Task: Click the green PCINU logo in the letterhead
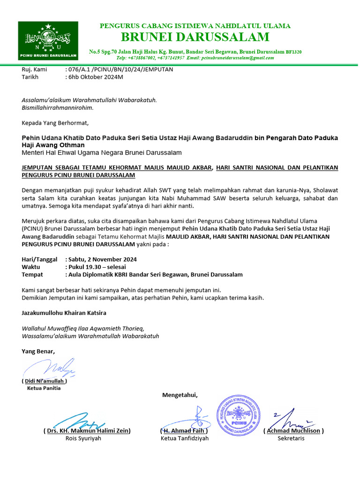pos(48,41)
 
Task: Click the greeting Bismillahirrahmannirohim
pos(58,107)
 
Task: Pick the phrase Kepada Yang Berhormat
pos(55,123)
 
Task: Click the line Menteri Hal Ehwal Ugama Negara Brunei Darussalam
pos(102,153)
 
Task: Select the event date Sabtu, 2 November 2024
pos(103,259)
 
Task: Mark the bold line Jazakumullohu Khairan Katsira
pos(67,312)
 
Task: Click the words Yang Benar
pos(38,352)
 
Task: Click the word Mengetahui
pos(180,395)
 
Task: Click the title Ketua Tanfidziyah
pos(185,438)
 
